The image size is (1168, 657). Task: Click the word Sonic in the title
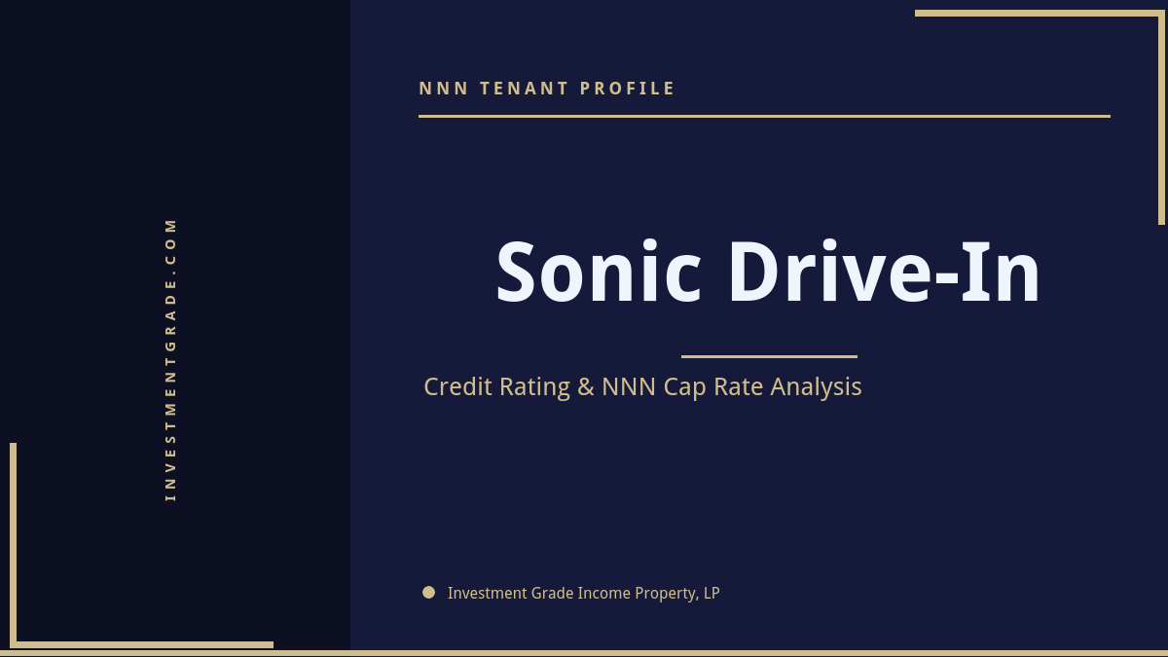598,274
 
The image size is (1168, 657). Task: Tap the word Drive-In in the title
884,274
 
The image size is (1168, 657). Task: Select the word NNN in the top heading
444,89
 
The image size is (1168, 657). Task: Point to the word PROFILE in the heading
628,89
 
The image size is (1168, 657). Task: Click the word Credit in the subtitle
458,386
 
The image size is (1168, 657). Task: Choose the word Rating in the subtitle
534,387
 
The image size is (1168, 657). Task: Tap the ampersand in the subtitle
585,386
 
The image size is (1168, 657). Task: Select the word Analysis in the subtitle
816,387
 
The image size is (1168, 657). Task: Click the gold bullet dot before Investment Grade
428,592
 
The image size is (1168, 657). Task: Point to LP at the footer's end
711,593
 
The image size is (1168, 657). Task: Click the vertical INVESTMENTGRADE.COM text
171,359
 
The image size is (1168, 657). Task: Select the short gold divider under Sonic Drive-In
769,356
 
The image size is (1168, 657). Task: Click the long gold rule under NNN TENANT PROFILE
764,116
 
